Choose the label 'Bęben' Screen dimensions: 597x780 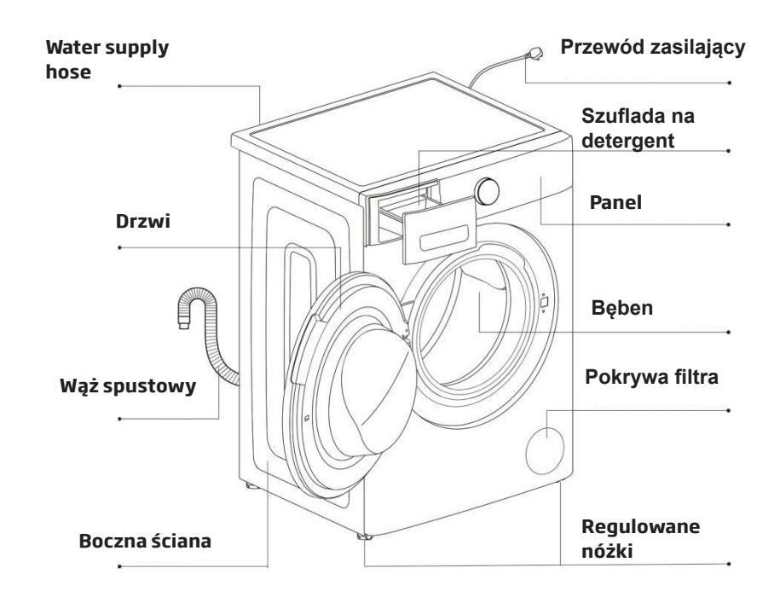click(x=621, y=310)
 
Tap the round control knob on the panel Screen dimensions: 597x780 click(x=488, y=190)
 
